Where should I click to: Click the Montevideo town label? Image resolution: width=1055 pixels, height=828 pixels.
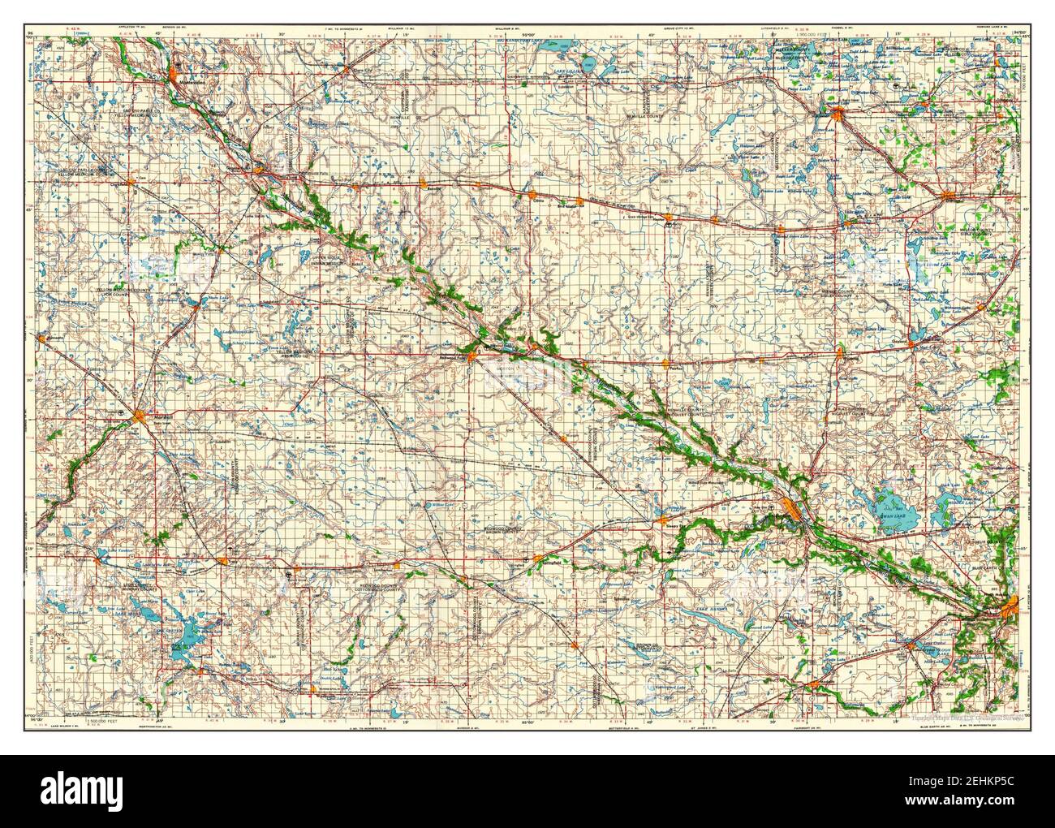click(x=188, y=84)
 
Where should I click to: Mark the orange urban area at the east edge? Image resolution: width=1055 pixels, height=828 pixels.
click(x=1008, y=606)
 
